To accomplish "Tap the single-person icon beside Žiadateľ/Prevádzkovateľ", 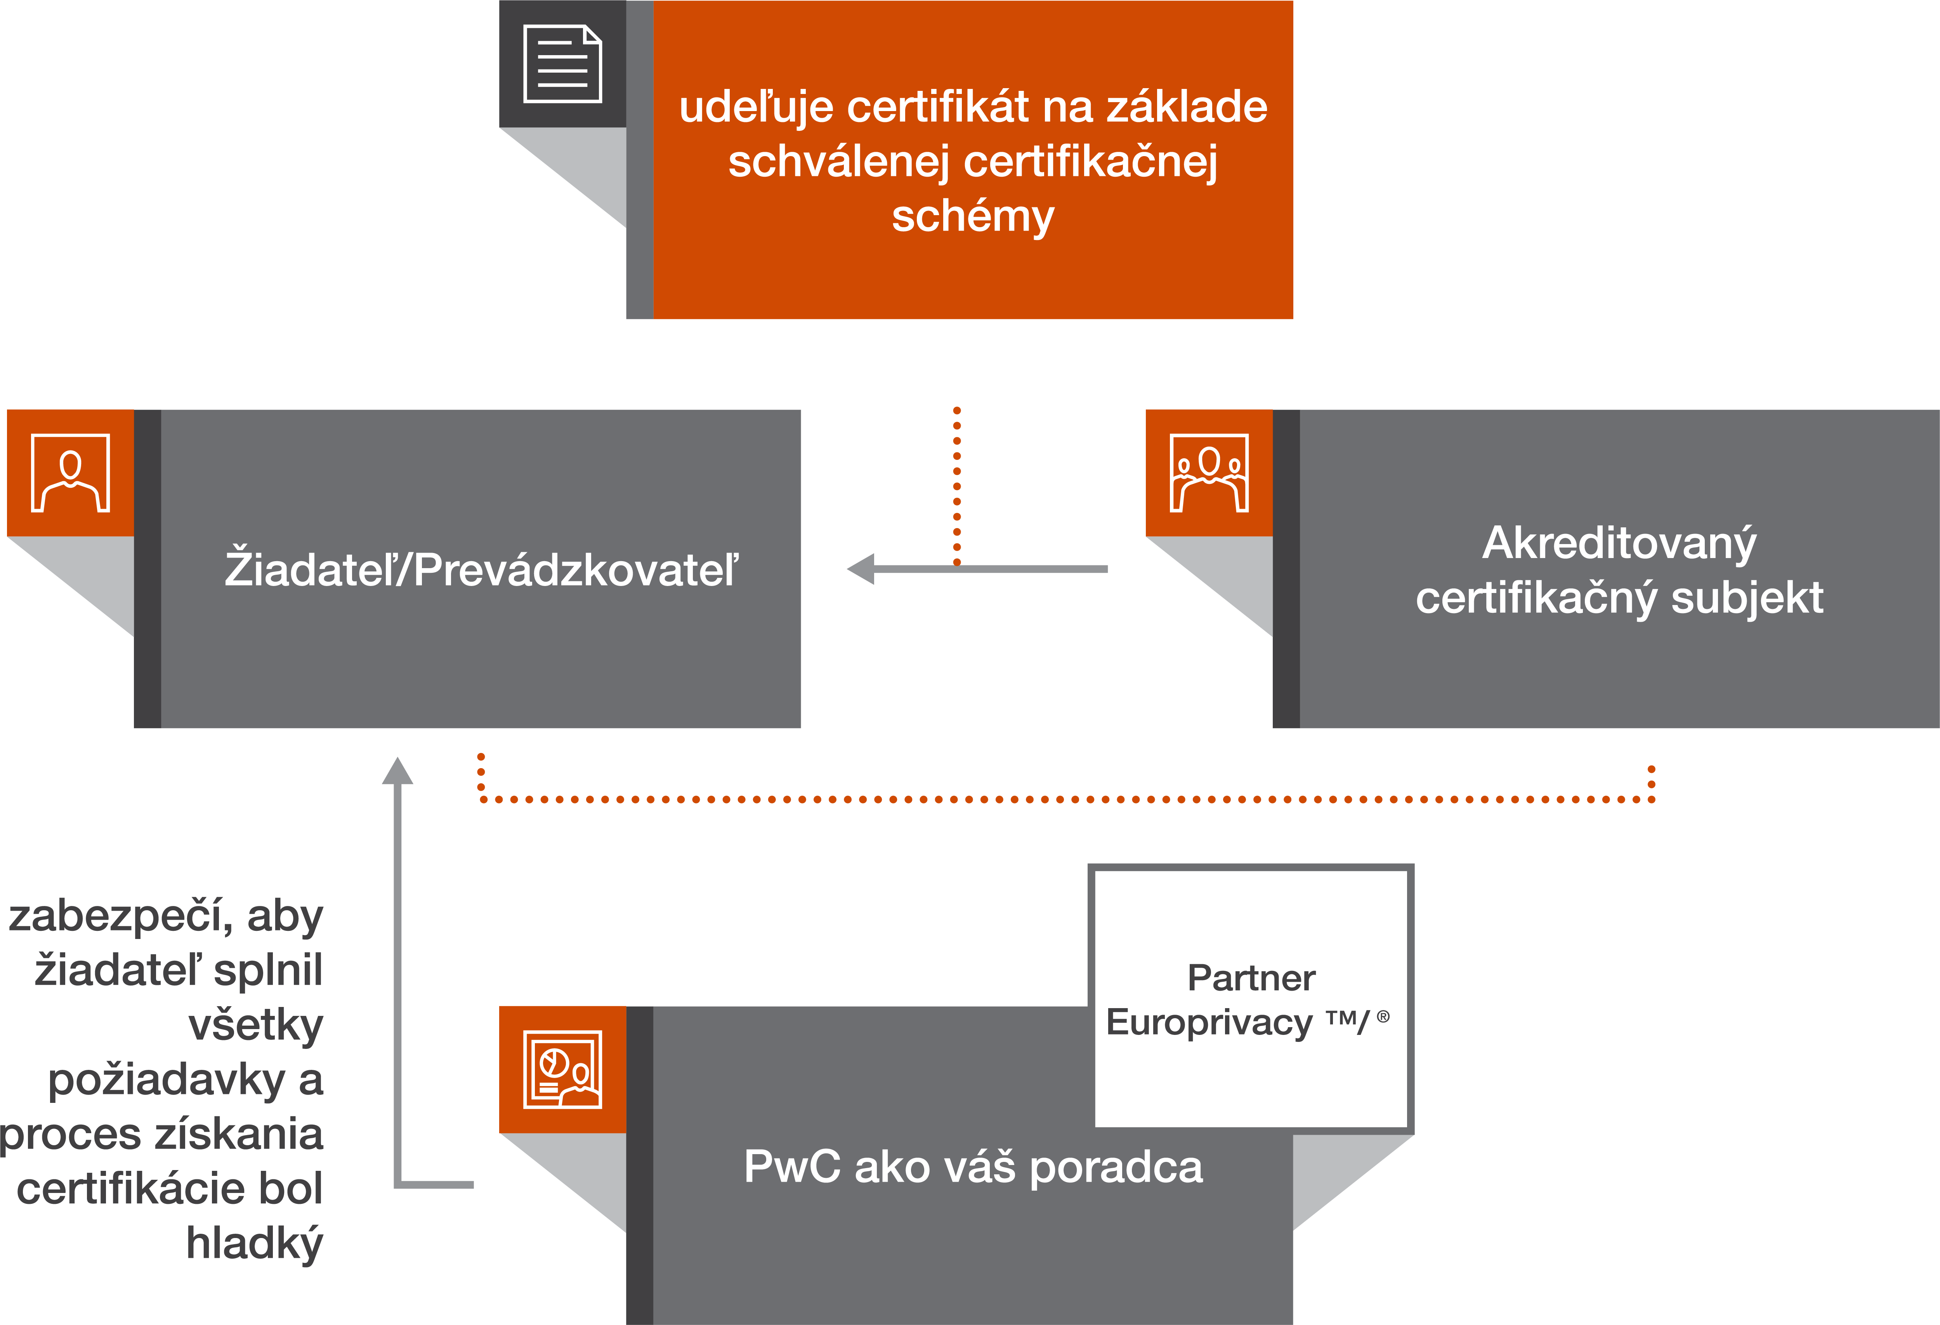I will [70, 473].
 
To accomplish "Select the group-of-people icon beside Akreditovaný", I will [1209, 473].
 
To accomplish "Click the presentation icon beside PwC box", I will [562, 1069].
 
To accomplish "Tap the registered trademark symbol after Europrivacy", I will [1383, 1016].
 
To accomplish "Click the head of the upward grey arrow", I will [397, 772].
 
